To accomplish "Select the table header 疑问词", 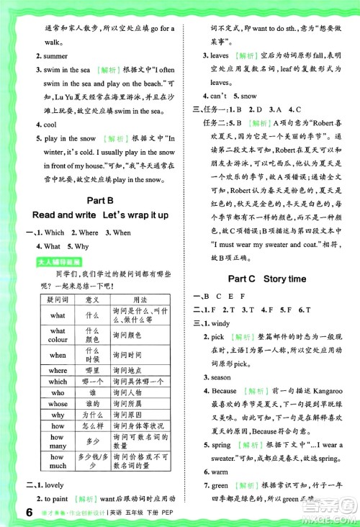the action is (57, 299).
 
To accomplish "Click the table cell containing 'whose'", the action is (58, 405).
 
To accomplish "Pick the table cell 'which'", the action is (58, 382).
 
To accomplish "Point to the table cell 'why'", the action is (58, 416).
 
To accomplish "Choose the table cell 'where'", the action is (58, 370).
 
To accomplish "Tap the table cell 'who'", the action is (58, 393).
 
